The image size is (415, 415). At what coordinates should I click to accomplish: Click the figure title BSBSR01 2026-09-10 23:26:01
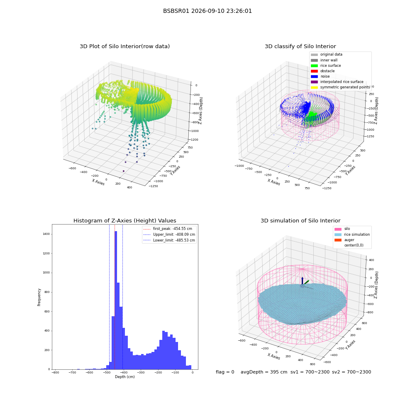click(x=207, y=11)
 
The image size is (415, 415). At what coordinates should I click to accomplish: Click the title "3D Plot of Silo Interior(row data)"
click(x=124, y=46)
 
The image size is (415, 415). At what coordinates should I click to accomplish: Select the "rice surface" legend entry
click(x=325, y=66)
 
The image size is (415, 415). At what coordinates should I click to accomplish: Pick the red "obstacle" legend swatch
click(x=314, y=71)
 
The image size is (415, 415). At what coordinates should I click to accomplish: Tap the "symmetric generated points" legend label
click(x=345, y=87)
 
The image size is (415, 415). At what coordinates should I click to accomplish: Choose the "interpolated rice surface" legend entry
click(x=337, y=82)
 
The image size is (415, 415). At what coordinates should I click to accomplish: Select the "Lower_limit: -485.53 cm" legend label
click(x=174, y=240)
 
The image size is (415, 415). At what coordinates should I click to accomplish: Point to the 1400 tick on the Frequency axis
click(x=46, y=234)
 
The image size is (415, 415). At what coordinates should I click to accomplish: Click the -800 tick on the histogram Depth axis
click(x=55, y=373)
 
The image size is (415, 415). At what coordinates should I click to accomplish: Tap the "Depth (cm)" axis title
click(x=124, y=377)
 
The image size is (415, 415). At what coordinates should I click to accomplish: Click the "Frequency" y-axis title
click(x=39, y=297)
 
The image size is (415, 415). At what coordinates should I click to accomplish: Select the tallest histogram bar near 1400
click(x=116, y=300)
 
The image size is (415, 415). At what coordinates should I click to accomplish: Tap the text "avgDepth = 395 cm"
click(x=264, y=372)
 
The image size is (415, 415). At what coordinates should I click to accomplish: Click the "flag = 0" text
click(x=225, y=372)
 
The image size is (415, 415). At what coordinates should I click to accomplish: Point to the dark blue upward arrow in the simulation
click(x=302, y=281)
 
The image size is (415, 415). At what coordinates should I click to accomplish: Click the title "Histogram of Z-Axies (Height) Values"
click(x=124, y=221)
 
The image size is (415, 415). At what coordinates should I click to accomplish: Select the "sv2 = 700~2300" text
click(x=352, y=372)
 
